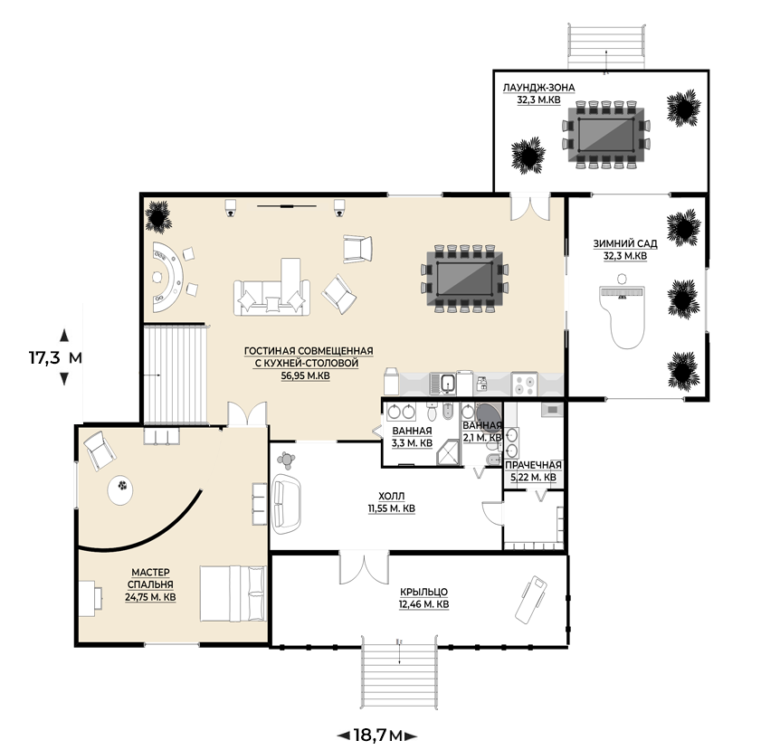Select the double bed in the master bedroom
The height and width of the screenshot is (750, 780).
[x=233, y=593]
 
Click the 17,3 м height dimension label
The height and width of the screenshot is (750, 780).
[x=55, y=357]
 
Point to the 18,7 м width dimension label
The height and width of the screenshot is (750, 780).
[x=376, y=736]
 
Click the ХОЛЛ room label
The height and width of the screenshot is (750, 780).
[x=392, y=496]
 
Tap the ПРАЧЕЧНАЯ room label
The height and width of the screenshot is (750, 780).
[x=533, y=465]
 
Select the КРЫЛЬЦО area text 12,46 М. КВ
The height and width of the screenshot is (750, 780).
[x=423, y=604]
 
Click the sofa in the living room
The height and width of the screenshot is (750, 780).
[x=271, y=297]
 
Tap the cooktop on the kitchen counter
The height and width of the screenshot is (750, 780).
[x=524, y=384]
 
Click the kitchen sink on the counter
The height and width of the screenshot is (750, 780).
[x=447, y=384]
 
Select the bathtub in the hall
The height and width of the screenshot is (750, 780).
[x=287, y=504]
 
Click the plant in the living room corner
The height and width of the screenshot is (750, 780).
[x=158, y=214]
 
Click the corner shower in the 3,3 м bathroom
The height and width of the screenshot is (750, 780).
[x=449, y=452]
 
